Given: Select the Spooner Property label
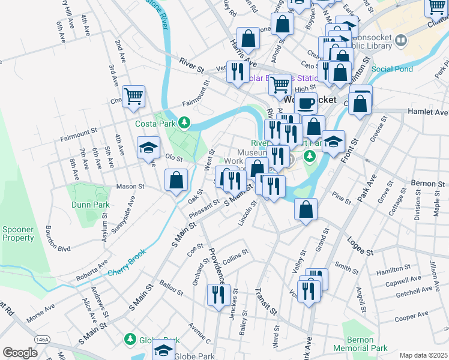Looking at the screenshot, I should point(19,233).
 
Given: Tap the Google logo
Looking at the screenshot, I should point(20,353).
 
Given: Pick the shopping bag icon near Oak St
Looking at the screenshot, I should point(176,180).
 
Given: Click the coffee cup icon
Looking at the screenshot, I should point(306,103).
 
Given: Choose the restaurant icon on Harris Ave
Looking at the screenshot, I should point(238,72).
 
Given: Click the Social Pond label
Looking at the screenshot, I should point(392,69).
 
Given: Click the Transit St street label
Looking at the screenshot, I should point(265,301).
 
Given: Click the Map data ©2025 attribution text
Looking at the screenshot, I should point(423,355).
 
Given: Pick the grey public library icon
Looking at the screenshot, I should point(401,41).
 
